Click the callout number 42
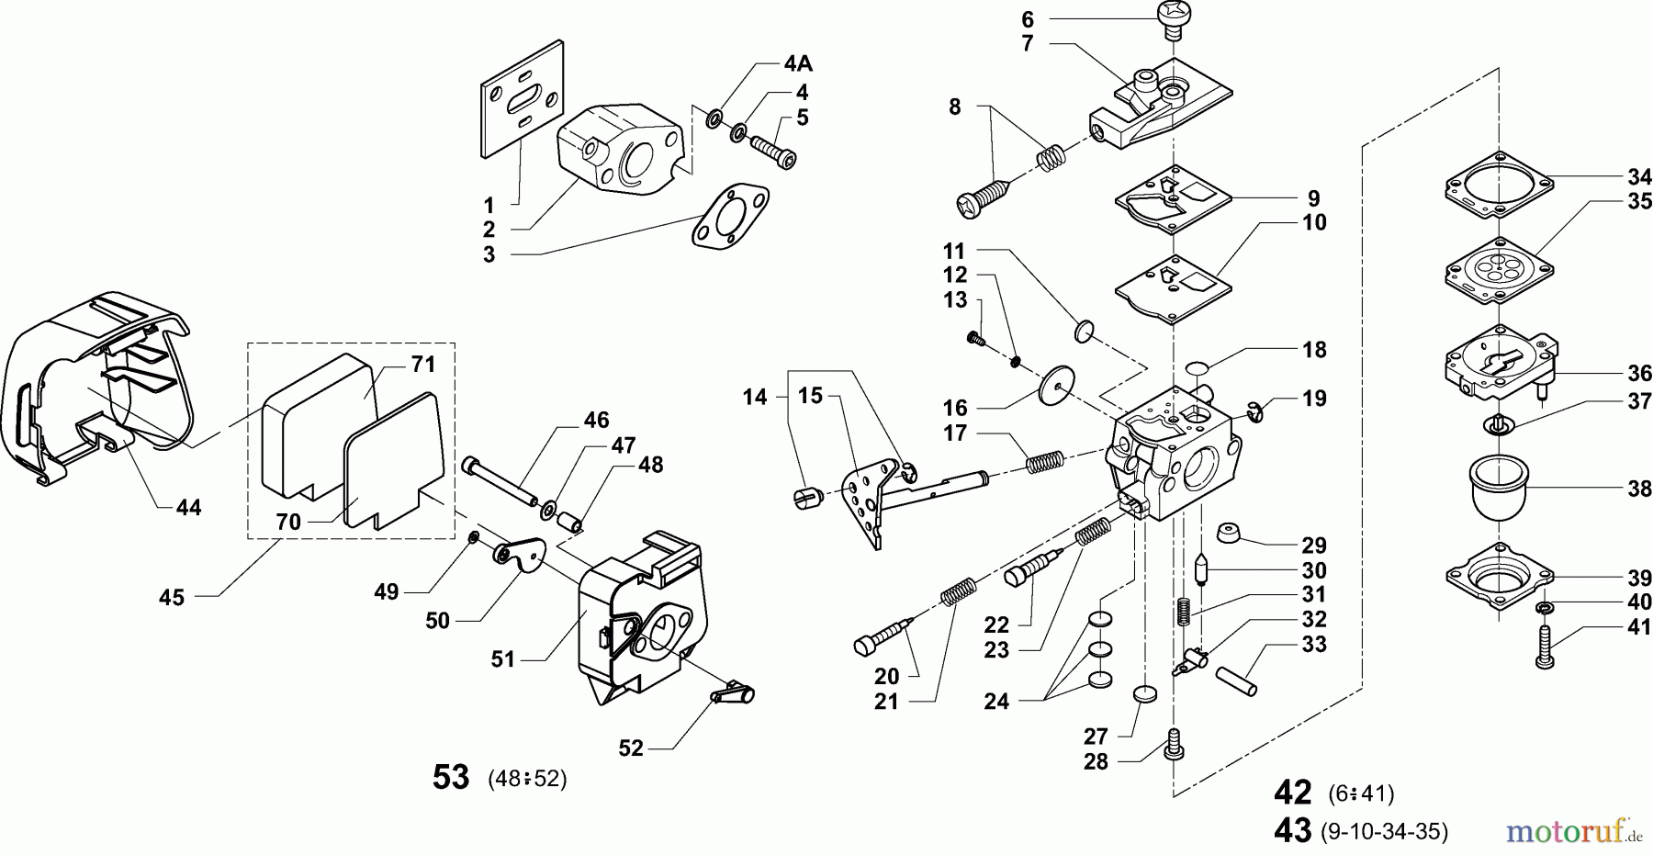pyautogui.click(x=1293, y=791)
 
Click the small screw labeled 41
pyautogui.click(x=1543, y=647)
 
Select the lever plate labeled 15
pyautogui.click(x=867, y=501)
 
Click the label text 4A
pyautogui.click(x=798, y=64)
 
